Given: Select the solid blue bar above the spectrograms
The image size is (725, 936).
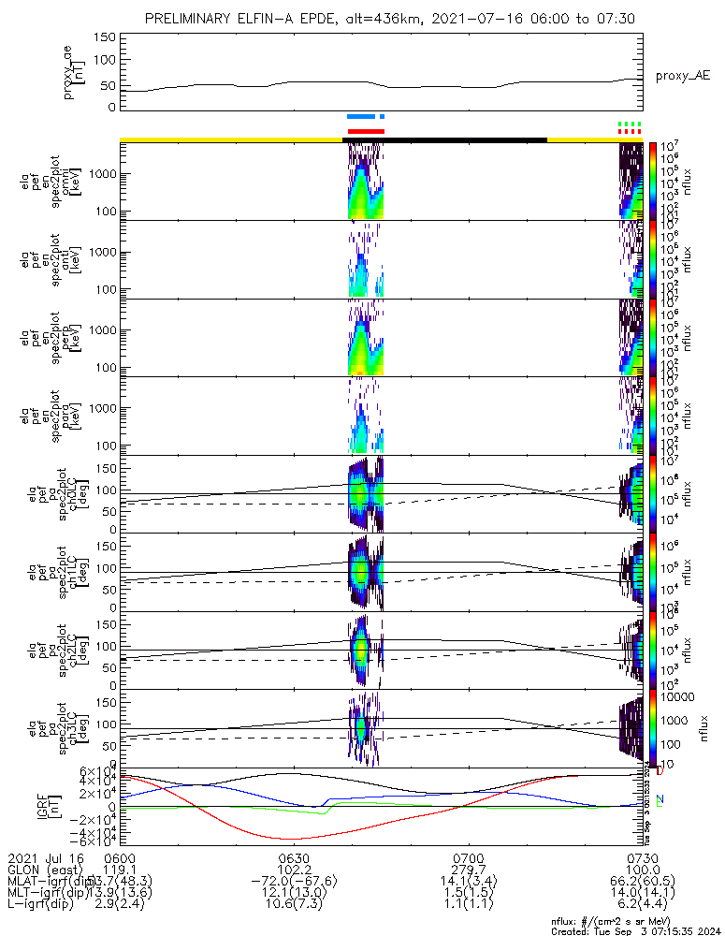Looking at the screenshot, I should coord(366,117).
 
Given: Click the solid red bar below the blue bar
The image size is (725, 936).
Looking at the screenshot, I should coord(366,131).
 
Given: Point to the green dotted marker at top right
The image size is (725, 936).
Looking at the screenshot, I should coord(631,124).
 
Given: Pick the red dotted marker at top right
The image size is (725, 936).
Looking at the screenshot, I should coord(631,131).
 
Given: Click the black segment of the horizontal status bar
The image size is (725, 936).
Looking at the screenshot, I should coord(444,139).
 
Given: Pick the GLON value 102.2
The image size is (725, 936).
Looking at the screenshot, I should coord(294,870).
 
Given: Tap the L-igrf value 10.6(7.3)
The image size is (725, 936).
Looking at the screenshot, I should coord(294,907).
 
